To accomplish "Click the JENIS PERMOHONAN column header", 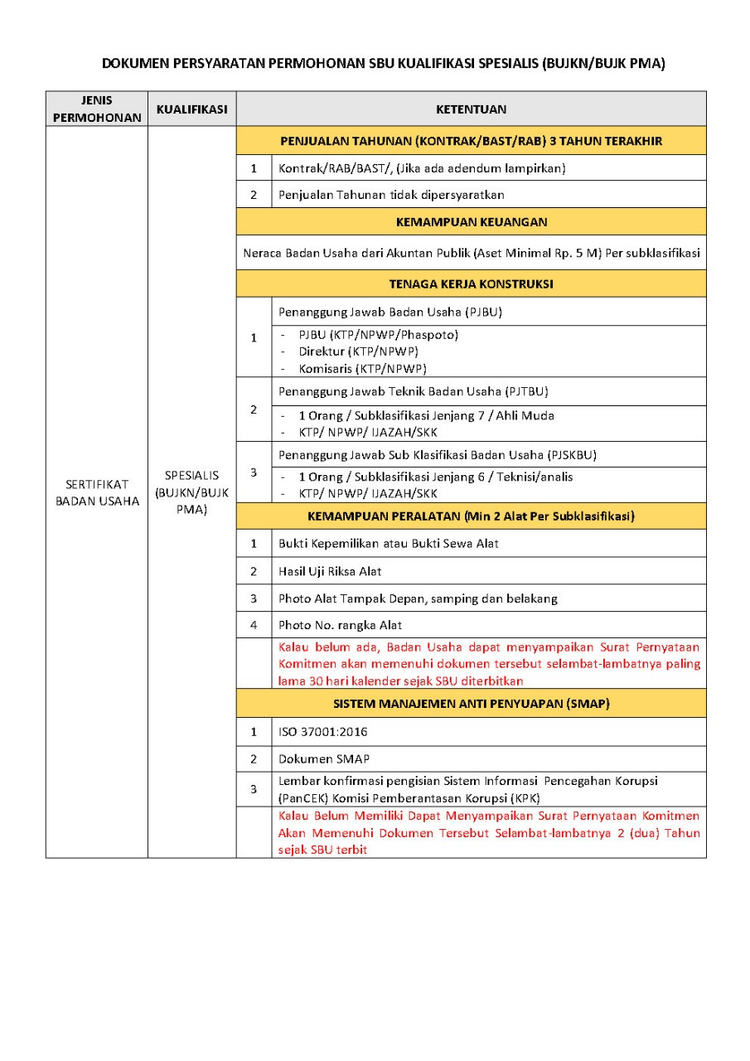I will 97,109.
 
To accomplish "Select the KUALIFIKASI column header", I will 191,109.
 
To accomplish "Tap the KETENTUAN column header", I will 471,109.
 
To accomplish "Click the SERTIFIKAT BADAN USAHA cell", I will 97,492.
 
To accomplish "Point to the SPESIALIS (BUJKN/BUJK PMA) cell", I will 191,492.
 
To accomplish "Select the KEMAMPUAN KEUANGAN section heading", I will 471,222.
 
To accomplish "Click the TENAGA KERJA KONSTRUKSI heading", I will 471,283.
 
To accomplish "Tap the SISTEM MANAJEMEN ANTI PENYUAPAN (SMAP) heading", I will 471,704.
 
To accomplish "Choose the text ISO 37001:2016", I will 323,732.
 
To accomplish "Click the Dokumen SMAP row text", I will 324,758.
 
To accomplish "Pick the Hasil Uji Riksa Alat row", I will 330,571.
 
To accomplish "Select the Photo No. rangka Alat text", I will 341,625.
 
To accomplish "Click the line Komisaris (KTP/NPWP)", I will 358,369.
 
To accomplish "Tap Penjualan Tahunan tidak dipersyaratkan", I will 391,195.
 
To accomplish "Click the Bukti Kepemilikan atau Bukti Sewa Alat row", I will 388,544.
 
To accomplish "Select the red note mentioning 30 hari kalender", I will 489,664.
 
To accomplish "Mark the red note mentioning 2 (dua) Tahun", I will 489,833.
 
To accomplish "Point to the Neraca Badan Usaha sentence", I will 471,253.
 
